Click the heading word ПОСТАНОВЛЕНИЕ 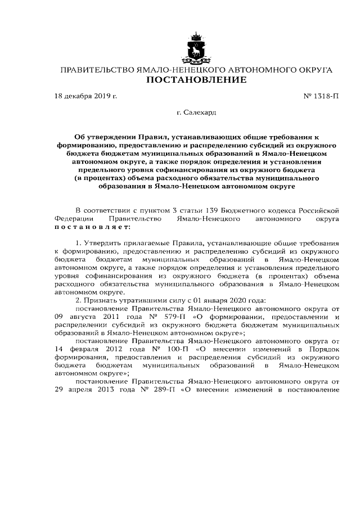click(196, 80)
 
